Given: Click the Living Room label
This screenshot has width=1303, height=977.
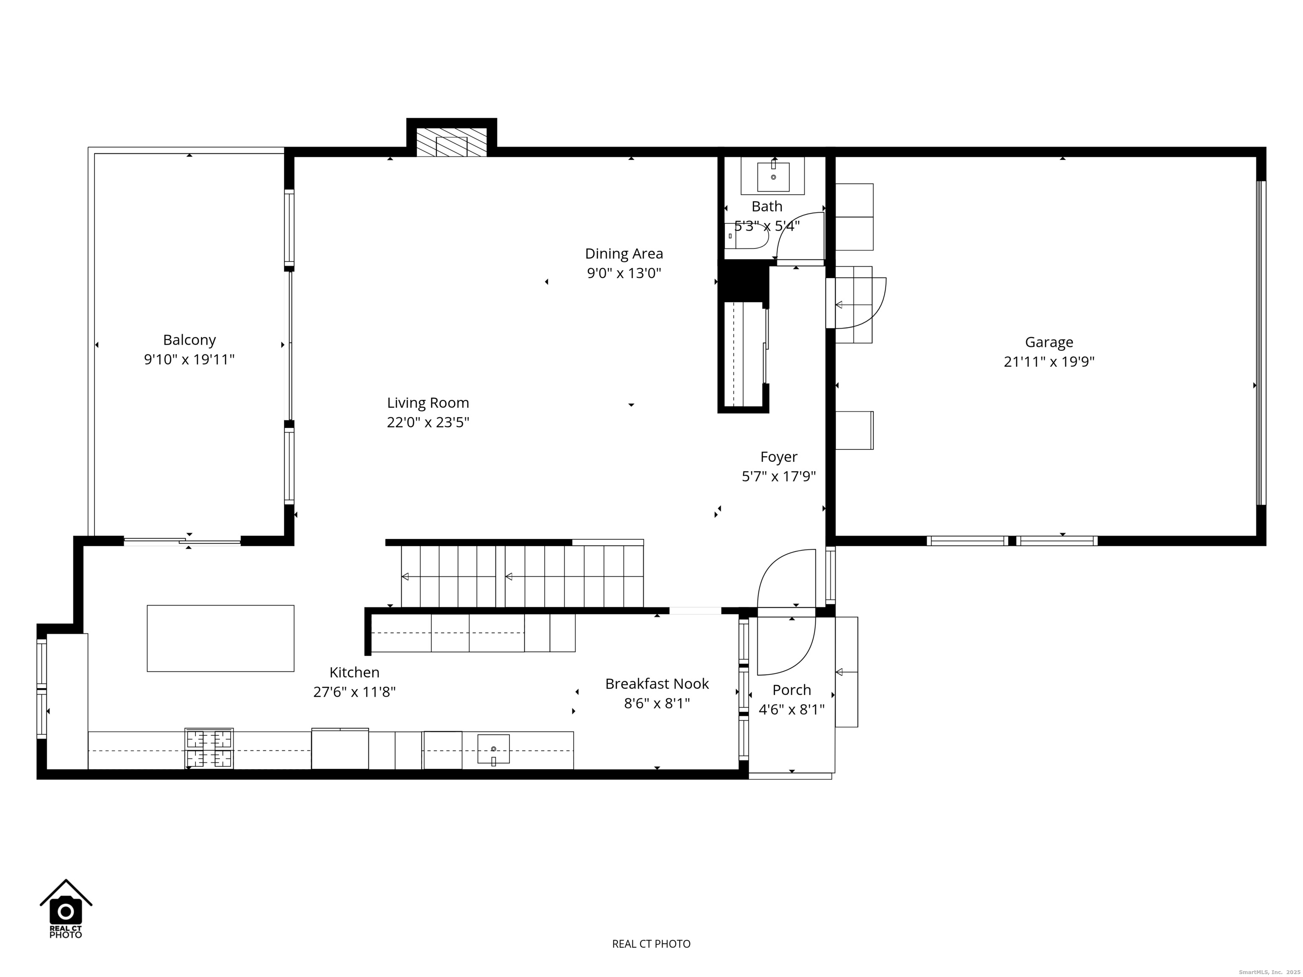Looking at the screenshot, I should pos(428,403).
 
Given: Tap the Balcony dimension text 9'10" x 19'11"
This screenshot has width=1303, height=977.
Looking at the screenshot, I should pos(189,359).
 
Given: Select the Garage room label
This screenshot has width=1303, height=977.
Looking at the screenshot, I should pos(1049,342).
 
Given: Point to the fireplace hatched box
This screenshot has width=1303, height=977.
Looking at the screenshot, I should pos(452,142).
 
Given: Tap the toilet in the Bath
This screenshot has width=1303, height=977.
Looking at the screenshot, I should pos(747,236).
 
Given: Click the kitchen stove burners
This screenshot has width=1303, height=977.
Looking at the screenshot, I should pos(209,748).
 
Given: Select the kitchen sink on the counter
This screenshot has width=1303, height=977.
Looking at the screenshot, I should pos(493,749).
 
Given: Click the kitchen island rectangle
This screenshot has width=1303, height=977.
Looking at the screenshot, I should pos(220,638).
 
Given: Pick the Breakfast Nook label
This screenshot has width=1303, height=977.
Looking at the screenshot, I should pos(657,684).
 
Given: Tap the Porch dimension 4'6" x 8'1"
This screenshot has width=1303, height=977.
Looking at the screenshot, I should pos(791,709).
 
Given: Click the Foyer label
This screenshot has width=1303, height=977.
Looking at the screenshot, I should pos(778,457).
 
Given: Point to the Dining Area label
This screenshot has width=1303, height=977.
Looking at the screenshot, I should pos(624,254).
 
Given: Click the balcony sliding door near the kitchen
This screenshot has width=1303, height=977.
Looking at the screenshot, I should pos(182,541).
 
